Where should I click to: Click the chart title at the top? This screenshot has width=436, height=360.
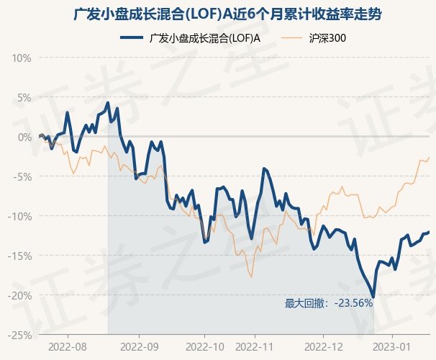218,14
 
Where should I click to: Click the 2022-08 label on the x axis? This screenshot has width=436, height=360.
66,346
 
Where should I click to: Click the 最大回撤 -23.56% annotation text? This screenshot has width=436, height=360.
329,303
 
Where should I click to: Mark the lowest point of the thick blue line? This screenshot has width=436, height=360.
373,296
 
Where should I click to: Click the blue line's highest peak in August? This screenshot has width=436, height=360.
108,102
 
